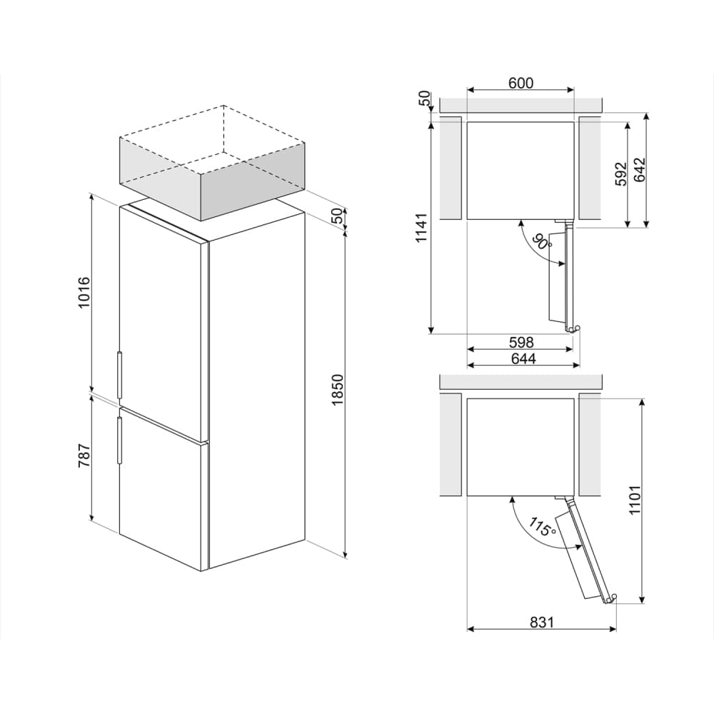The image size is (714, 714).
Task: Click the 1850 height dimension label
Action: pos(338,390)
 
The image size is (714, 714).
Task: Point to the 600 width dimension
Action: pos(521,83)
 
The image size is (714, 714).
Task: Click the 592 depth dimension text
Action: pos(620,174)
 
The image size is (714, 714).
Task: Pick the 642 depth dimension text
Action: pos(639,170)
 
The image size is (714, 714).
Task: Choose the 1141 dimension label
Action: pos(422,228)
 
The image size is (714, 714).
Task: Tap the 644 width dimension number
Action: pos(522,358)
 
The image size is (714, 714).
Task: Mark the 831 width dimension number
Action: pos(542,623)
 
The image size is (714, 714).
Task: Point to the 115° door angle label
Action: pos(542,528)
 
